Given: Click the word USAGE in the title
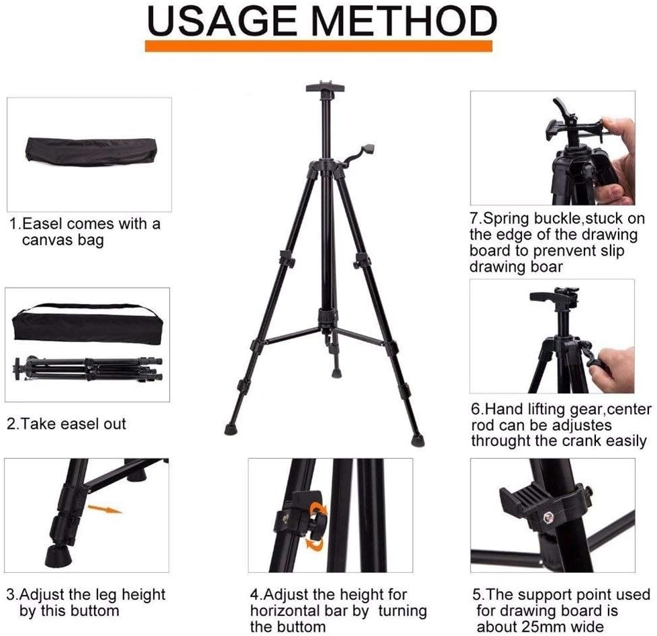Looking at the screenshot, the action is [221, 21].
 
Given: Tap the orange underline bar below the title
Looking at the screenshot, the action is [319, 46].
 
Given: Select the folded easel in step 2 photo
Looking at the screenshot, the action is [87, 369].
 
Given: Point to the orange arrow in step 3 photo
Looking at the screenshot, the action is [105, 509].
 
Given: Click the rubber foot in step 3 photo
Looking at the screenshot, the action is [58, 555].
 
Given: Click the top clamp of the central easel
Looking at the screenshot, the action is [325, 88].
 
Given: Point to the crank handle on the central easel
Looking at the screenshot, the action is [358, 154].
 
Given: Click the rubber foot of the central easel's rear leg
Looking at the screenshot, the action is [336, 372].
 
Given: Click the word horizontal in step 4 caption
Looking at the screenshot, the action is [299, 611].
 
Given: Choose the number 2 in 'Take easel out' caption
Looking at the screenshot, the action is [11, 424].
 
